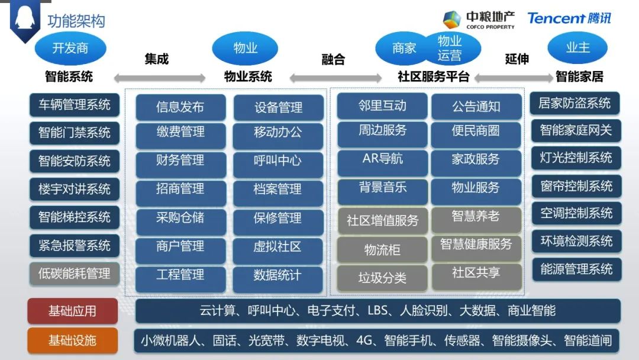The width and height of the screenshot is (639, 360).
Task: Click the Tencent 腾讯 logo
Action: [569, 18]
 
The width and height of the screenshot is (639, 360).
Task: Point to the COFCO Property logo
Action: [479, 20]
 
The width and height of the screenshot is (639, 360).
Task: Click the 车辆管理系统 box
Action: [74, 105]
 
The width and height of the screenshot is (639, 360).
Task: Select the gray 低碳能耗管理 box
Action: [74, 273]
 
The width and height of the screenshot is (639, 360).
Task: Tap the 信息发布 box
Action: [180, 107]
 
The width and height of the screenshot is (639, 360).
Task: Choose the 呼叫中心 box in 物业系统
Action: [278, 160]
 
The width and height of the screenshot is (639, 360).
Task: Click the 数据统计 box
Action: [278, 276]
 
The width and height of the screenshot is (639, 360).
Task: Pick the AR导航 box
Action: [382, 159]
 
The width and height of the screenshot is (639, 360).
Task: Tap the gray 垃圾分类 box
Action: [382, 278]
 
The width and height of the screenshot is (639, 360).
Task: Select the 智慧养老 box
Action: [476, 217]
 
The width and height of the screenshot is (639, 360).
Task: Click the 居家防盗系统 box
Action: [575, 104]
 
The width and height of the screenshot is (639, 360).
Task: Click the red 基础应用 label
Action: [72, 311]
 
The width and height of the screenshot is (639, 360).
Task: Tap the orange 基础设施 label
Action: [72, 340]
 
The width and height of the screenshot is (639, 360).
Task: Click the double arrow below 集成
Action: [159, 78]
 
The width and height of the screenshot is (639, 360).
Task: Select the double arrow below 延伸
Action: [513, 78]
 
